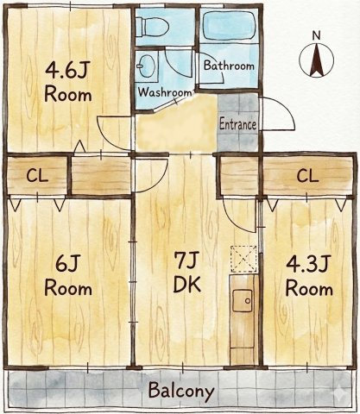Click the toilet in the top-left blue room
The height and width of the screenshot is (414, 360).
click(153, 27)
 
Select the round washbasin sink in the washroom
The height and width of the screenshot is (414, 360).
click(146, 66)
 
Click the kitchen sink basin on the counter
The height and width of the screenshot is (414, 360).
click(243, 301)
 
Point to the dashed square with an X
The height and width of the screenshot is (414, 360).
click(243, 259)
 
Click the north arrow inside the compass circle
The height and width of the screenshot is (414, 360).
click(316, 60)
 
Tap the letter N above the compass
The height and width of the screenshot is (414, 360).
click(316, 35)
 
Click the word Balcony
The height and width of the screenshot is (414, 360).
click(181, 392)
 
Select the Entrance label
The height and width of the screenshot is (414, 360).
click(237, 125)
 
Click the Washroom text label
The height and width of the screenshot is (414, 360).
click(165, 92)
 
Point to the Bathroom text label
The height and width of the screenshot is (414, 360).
click(229, 66)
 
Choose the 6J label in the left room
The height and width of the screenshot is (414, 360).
click(67, 264)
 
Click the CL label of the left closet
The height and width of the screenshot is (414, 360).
click(37, 176)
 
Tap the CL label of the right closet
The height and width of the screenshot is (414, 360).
click(307, 176)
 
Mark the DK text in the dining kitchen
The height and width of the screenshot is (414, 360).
click(187, 285)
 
